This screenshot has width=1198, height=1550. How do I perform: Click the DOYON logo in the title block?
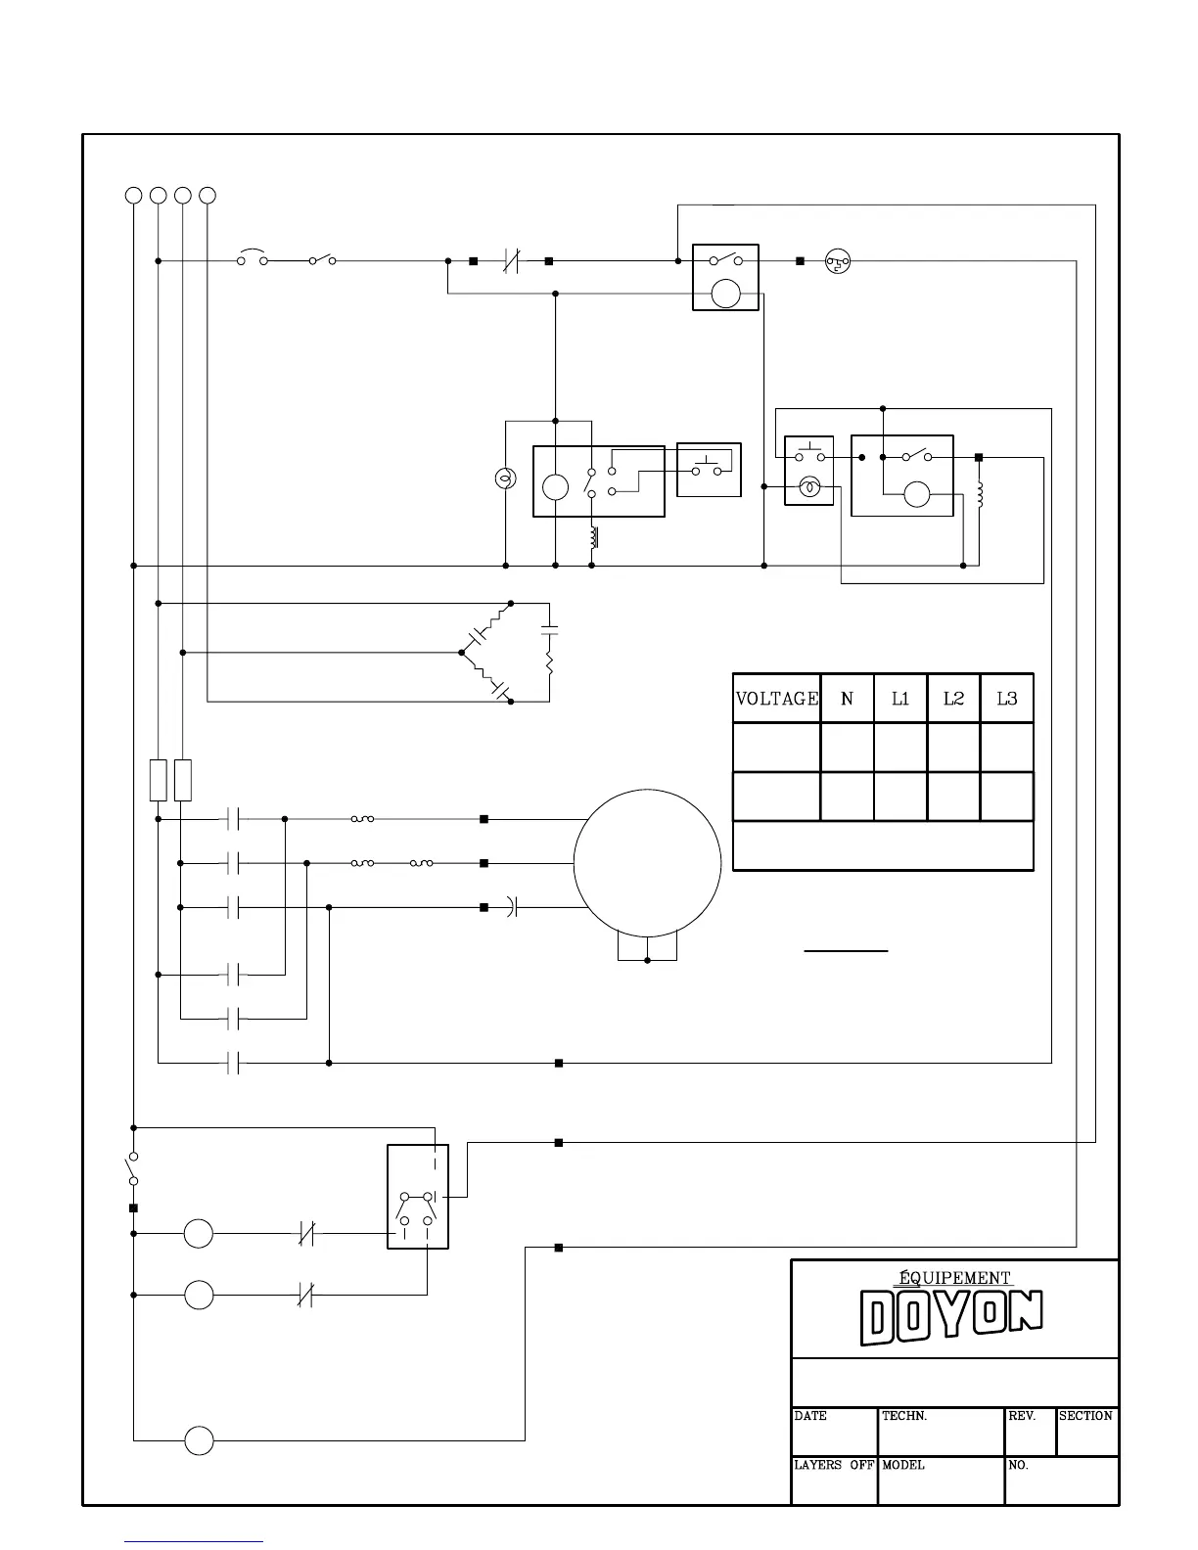951,1316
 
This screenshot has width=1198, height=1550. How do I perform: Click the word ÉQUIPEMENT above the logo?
954,1278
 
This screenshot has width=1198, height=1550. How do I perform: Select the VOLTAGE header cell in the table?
777,699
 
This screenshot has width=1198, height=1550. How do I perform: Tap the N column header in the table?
847,699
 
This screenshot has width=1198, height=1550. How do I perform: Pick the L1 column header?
900,699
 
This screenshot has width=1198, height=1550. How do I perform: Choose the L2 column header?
954,699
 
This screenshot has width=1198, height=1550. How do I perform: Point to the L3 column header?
1007,699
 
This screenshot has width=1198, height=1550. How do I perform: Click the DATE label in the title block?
810,1416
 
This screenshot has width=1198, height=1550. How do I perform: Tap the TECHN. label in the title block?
904,1416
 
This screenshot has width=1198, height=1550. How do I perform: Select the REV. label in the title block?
1022,1416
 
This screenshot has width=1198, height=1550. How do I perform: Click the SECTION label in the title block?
1085,1416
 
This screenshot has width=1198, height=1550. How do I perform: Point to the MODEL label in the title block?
903,1465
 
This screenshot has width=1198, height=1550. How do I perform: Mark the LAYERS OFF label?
834,1465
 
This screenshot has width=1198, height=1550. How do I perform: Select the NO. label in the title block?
1018,1465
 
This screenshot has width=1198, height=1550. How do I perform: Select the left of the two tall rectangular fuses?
159,780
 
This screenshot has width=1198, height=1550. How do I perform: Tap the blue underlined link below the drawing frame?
194,1541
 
